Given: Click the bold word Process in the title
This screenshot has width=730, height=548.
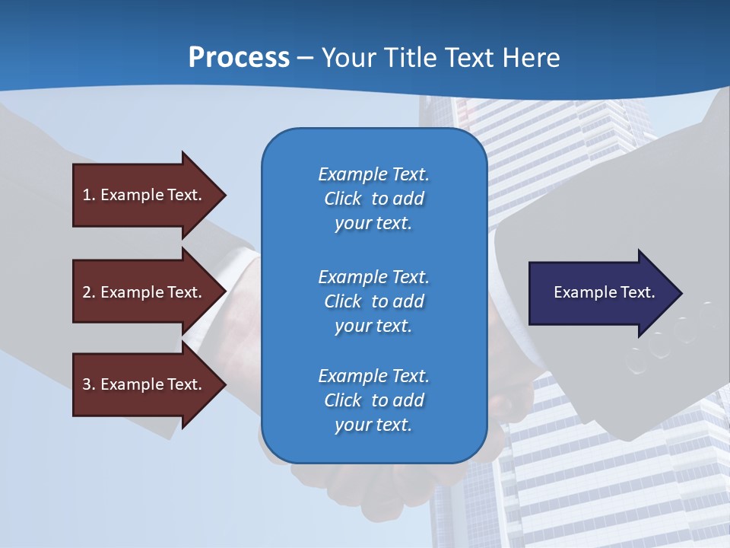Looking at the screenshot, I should (239, 57).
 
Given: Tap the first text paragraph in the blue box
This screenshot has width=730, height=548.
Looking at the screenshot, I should (373, 199).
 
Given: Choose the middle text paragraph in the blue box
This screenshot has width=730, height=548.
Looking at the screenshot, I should (373, 301).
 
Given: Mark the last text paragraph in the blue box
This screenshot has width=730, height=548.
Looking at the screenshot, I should (373, 400).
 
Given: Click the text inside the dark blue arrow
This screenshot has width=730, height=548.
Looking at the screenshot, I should (605, 292).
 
